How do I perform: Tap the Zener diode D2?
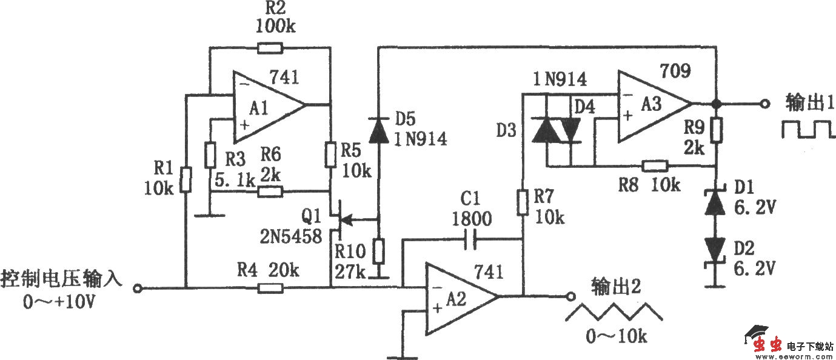tap(716, 250)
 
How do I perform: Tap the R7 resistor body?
tap(523, 202)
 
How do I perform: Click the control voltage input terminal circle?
tap(138, 288)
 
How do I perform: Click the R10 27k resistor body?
tap(378, 250)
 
